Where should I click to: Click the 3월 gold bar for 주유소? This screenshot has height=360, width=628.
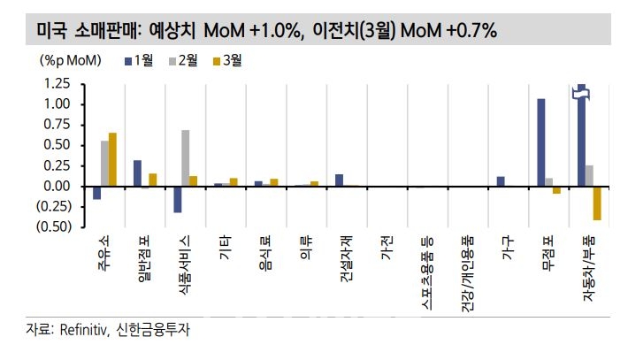point(112,160)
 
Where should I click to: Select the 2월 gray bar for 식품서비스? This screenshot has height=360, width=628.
point(185,158)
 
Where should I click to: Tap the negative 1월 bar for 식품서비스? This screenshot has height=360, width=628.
point(177,200)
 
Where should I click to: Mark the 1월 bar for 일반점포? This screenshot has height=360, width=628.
point(137,173)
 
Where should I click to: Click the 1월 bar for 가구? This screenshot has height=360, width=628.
point(501,181)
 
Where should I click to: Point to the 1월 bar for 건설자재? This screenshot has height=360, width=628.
point(339,180)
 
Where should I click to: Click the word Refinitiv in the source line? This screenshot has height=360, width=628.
point(83,331)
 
